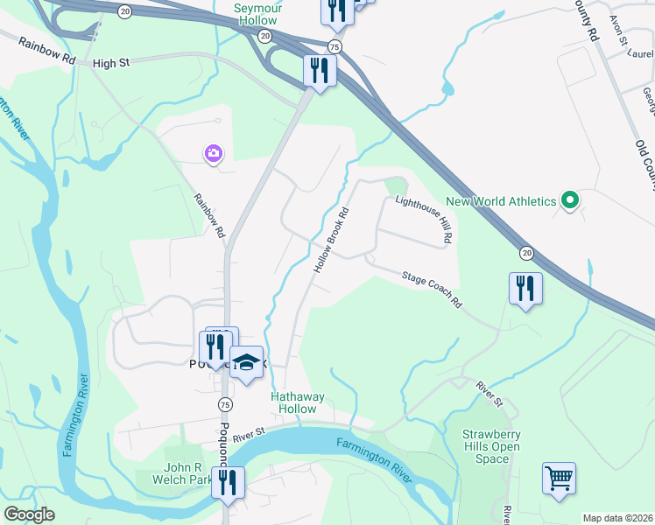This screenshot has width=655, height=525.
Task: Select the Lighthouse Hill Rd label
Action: click(x=424, y=219)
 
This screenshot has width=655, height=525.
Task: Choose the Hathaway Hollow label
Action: click(x=298, y=402)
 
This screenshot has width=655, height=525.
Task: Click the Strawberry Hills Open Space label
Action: click(x=491, y=446)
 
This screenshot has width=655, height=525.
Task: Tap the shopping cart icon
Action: click(x=559, y=478)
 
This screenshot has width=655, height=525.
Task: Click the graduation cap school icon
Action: click(x=247, y=362)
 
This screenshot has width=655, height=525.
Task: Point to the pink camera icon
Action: click(x=213, y=154)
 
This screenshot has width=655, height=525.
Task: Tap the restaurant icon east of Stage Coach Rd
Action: click(x=525, y=288)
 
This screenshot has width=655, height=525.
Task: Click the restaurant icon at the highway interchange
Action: click(x=320, y=69)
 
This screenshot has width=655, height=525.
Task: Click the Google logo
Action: click(x=29, y=514)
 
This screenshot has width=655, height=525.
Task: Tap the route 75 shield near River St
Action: click(x=225, y=404)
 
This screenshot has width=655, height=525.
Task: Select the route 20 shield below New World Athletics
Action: click(x=525, y=252)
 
